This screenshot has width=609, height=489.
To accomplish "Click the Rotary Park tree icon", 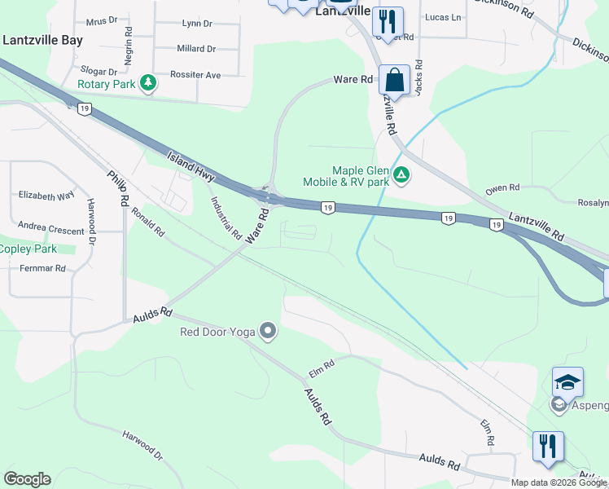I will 148,83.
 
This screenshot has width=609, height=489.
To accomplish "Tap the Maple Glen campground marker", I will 401,175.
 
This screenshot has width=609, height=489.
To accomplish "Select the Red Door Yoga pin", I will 268,331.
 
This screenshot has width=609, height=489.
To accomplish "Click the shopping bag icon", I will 394,81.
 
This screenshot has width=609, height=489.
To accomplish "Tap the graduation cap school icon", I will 567,381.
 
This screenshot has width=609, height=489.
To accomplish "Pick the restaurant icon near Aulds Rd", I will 547,446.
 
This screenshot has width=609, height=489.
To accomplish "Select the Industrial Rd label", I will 226,218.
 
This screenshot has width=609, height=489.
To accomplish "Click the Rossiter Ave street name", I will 195,75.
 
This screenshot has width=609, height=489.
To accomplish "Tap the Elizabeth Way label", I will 46,196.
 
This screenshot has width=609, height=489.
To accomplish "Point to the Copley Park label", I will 28,249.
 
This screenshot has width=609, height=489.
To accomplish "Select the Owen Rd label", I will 502,188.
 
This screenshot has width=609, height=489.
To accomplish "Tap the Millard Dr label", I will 196,49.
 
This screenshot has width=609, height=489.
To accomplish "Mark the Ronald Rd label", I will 148,222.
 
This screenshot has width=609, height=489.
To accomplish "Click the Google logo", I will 27,479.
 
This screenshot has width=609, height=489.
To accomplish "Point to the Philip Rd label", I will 119,188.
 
